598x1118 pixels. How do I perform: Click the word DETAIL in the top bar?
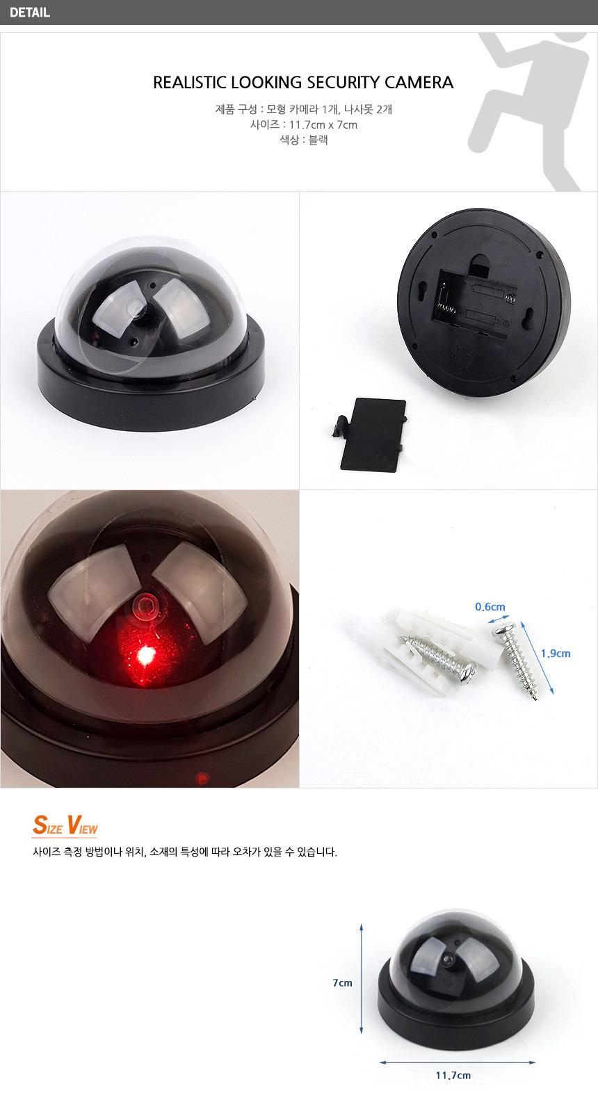[x=30, y=13]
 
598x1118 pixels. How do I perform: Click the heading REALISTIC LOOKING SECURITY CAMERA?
[x=303, y=82]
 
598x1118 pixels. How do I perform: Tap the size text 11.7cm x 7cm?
[x=323, y=124]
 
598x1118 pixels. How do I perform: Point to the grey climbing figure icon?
[x=532, y=111]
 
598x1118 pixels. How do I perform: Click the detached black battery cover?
[x=370, y=435]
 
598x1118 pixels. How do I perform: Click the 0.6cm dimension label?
[x=490, y=607]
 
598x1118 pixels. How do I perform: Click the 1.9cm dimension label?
[x=556, y=654]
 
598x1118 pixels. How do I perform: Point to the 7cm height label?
[x=342, y=982]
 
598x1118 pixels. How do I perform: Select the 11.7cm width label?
[x=453, y=1075]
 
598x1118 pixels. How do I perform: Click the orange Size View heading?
[x=65, y=825]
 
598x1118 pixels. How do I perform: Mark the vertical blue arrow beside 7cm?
[x=362, y=979]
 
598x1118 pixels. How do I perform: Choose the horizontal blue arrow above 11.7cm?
[x=458, y=1062]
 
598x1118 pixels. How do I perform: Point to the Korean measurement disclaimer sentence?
[x=185, y=852]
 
